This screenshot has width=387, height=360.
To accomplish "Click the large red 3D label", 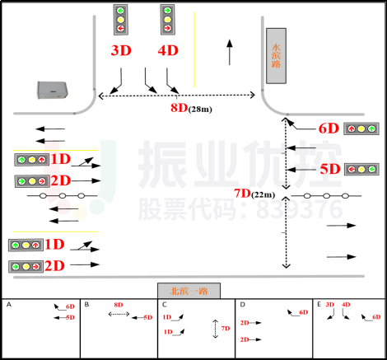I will [121, 50].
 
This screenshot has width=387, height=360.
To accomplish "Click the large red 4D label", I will [168, 50].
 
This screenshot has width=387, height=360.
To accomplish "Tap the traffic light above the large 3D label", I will [121, 19].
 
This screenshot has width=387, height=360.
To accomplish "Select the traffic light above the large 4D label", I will [168, 19].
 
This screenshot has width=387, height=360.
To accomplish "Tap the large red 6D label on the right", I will [329, 128].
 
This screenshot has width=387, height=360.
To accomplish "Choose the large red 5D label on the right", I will [329, 169].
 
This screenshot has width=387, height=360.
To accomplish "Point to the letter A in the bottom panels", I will [9, 305].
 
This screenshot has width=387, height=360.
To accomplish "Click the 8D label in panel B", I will [119, 306].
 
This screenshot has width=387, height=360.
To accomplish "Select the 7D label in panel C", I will [225, 328].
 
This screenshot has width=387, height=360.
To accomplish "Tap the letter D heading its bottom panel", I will [243, 305].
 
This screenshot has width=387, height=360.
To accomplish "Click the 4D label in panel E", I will [346, 306].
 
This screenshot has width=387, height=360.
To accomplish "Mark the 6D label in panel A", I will [70, 307].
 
